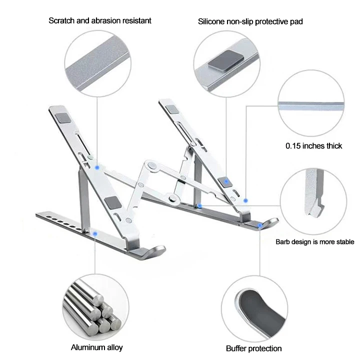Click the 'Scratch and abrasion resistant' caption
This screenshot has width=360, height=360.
pos(99,20)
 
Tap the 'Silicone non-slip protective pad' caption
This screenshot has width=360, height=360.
pos(250,21)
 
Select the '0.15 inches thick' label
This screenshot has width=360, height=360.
pos(313,146)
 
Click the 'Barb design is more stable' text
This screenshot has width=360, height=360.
pos(315,242)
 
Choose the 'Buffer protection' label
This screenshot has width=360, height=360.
pos(253,348)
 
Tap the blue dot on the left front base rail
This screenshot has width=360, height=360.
pos(94,231)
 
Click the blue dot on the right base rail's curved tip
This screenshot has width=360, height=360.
pos(259,226)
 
